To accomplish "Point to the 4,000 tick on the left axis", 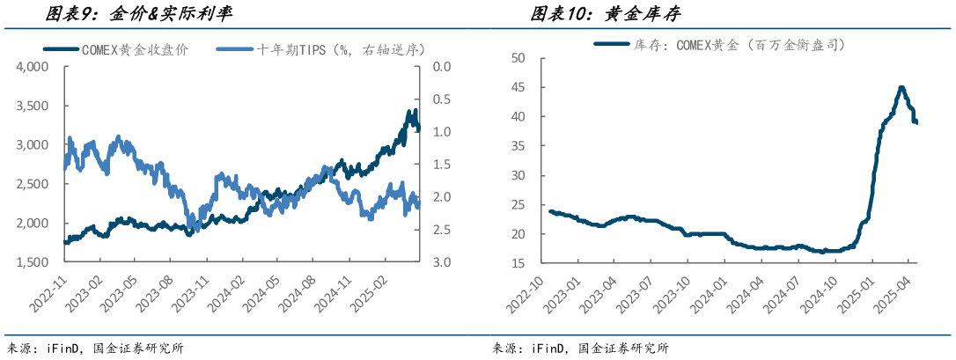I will point(32,67).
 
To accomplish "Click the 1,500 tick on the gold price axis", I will point(32,262).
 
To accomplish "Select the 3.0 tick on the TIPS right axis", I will point(442,262).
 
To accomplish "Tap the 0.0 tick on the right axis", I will point(442,67).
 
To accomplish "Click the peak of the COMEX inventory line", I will point(901,87).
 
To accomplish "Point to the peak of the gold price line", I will point(408,110).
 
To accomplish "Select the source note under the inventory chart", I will point(581,348).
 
